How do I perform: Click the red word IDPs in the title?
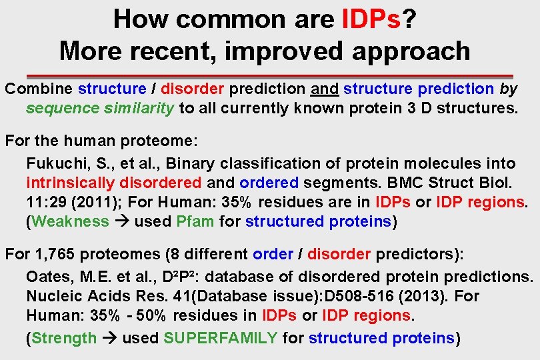point(370,19)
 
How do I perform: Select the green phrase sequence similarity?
point(101,108)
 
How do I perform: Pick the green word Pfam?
point(196,221)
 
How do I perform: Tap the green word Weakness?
point(70,221)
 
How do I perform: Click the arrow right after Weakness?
point(122,221)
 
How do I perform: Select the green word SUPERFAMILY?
point(220,338)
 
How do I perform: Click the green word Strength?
point(64,338)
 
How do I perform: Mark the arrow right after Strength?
point(110,338)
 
